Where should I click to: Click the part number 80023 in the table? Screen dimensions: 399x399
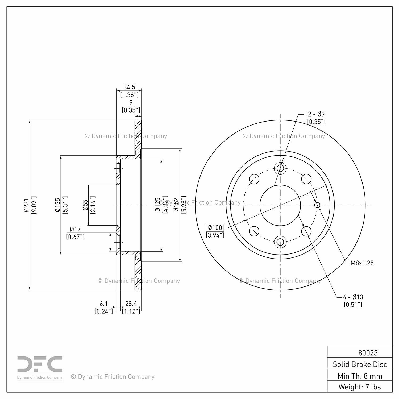[x=368, y=353]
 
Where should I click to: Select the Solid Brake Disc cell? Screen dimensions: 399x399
[x=360, y=364]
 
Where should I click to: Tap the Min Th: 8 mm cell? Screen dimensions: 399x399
[x=360, y=376]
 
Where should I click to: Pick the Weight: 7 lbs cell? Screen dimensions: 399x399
[x=360, y=387]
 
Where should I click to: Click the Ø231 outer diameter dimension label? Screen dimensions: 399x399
[x=26, y=205]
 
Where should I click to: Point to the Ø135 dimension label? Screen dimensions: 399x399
[x=57, y=205]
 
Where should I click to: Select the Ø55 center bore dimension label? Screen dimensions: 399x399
[x=85, y=205]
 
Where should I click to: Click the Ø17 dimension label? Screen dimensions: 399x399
[x=75, y=229]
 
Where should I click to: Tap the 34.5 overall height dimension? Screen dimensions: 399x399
[x=129, y=87]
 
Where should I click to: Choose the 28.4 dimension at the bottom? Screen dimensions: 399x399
[x=131, y=304]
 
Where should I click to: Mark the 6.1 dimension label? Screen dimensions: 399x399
[x=104, y=304]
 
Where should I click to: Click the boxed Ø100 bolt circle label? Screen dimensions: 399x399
[x=215, y=228]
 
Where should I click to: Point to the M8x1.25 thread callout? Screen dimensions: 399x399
[x=362, y=263]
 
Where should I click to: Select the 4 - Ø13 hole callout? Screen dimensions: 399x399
[x=353, y=297]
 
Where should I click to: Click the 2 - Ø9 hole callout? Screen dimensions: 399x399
[x=316, y=114]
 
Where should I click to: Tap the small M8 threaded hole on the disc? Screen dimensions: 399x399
[x=317, y=205]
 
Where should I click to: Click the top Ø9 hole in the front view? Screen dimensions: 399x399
[x=280, y=168]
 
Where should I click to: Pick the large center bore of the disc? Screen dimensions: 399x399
[x=280, y=205]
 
